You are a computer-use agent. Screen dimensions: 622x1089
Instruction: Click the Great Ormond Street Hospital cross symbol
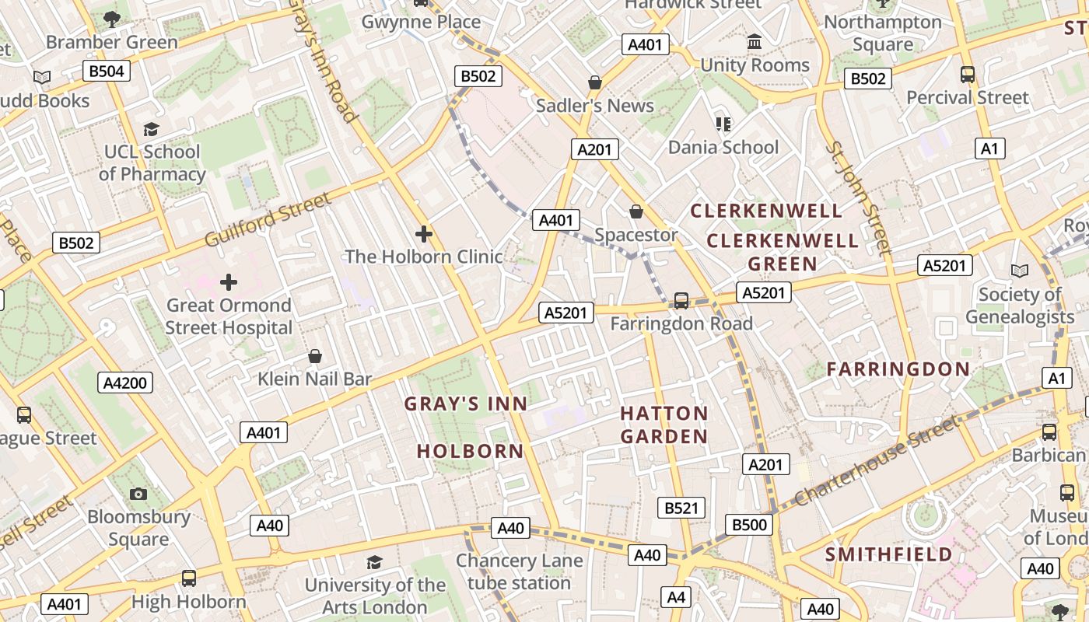228,281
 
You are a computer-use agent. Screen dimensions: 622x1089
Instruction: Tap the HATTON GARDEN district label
664,425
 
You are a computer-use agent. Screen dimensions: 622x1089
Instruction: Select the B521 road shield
681,508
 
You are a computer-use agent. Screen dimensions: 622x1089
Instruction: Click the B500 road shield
750,524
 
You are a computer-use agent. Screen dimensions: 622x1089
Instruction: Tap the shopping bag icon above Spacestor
636,211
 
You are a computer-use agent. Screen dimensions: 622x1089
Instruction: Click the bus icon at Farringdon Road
681,300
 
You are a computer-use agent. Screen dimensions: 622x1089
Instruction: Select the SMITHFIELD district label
888,554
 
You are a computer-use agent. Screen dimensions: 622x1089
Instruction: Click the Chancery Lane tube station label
519,571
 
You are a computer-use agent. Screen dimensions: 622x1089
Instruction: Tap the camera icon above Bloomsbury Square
138,494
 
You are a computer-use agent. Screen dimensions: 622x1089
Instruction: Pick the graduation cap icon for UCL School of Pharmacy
151,129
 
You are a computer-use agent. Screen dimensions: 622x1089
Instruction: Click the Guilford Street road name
268,220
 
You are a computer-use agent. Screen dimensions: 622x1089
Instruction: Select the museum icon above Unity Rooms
755,42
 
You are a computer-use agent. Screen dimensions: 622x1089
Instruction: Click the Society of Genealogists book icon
1019,271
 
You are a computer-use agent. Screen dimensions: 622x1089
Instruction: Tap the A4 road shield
676,597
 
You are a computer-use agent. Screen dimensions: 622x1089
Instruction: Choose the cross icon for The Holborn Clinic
424,233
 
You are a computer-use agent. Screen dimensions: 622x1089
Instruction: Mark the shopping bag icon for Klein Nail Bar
315,356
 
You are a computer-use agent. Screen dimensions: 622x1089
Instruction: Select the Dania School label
723,147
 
